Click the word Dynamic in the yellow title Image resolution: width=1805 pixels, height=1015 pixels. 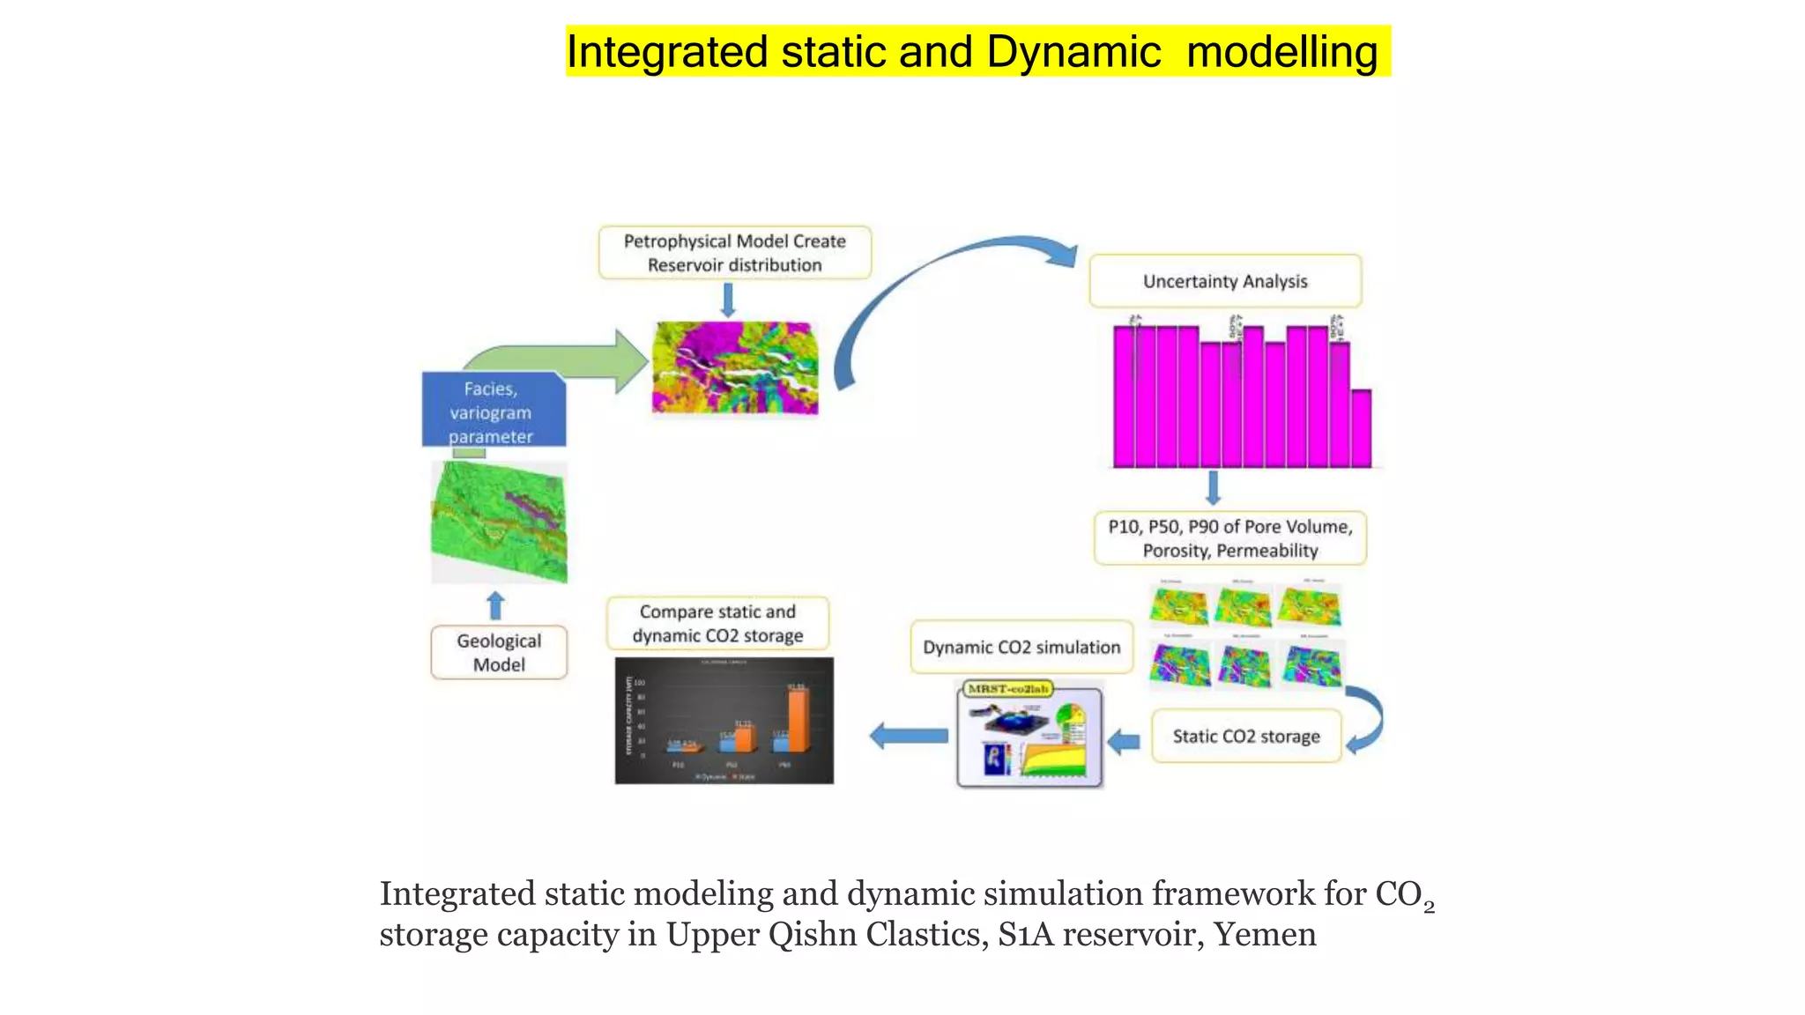(1073, 52)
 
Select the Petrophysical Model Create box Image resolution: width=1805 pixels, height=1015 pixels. (734, 253)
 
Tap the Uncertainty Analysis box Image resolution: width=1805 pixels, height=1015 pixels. (1225, 281)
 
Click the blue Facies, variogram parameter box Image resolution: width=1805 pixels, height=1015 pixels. (494, 411)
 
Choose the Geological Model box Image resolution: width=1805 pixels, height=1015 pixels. (499, 653)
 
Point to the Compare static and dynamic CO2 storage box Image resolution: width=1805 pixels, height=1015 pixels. (717, 623)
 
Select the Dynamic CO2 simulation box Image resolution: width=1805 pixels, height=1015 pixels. (1021, 648)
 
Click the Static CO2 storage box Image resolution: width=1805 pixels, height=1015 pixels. (1245, 737)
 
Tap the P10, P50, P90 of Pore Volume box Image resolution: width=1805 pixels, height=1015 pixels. (1229, 538)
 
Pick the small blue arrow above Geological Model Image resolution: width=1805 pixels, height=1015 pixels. (495, 606)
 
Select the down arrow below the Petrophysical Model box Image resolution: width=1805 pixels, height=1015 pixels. (728, 300)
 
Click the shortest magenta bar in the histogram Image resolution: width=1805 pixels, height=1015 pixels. (1361, 428)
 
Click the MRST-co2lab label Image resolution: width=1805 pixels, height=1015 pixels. (1008, 689)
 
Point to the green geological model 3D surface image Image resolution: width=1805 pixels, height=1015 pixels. (499, 522)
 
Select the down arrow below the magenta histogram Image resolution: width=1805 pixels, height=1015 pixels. (1214, 487)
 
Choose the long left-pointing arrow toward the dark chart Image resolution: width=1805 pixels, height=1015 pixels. (909, 736)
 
